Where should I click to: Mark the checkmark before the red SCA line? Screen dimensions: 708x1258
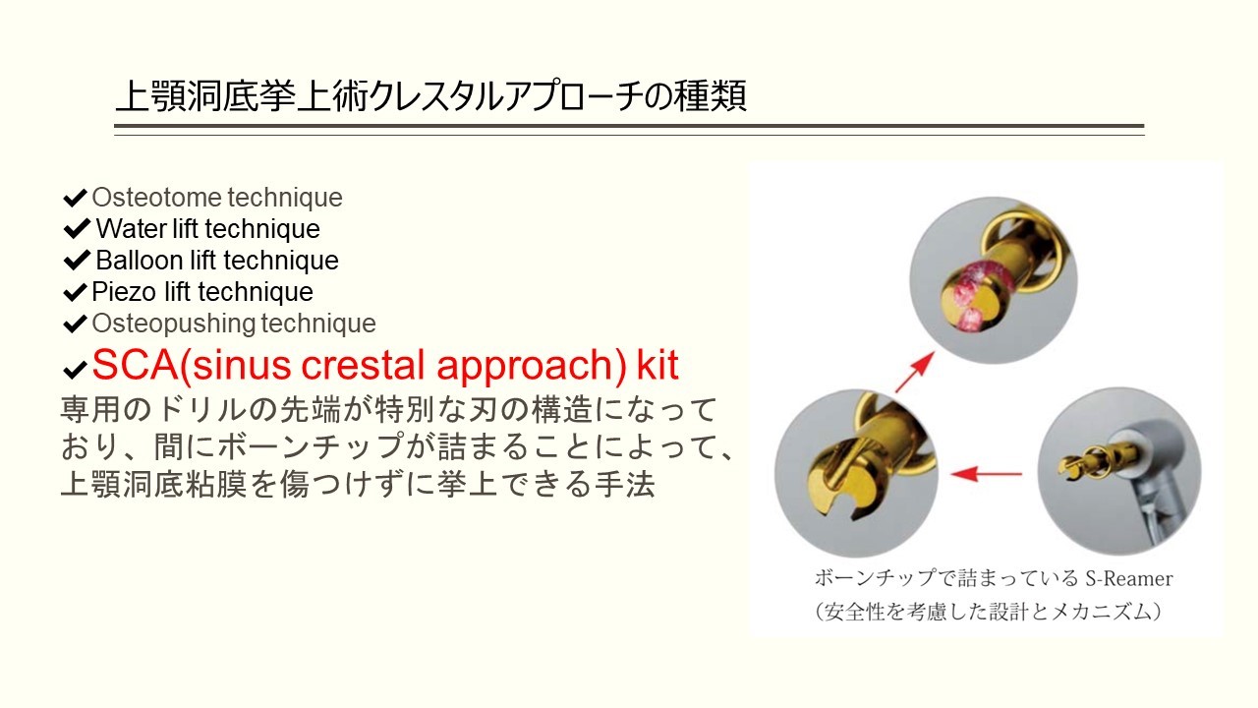point(75,370)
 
